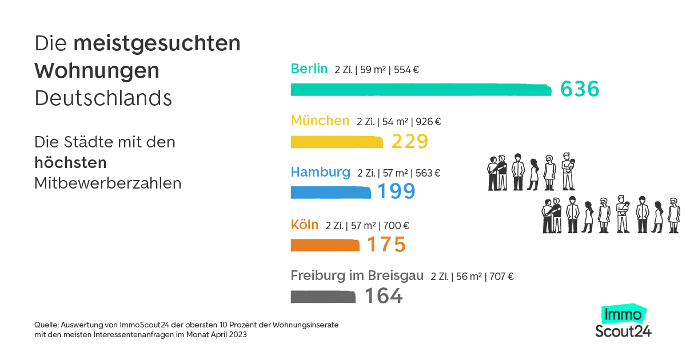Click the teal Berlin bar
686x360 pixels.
click(420, 90)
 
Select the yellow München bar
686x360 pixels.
click(337, 142)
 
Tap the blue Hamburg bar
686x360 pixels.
click(331, 193)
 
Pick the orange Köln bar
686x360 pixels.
click(325, 245)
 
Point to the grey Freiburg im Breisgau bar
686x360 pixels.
click(323, 297)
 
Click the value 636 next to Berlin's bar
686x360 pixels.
click(580, 89)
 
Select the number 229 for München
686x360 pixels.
click(410, 141)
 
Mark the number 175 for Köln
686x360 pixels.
click(386, 245)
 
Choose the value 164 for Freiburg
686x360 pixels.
click(384, 296)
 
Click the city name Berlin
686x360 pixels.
click(309, 69)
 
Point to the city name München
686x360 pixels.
click(320, 121)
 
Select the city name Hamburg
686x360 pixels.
click(321, 172)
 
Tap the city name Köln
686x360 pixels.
click(305, 225)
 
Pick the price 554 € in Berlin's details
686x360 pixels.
click(406, 70)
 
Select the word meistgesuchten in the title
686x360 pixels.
click(157, 44)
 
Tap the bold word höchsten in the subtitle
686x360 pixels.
click(70, 163)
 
